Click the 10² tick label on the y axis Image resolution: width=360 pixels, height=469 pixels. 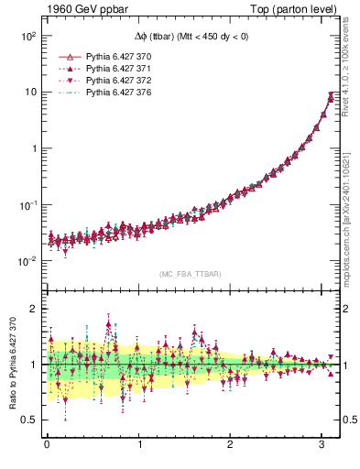(x=27, y=36)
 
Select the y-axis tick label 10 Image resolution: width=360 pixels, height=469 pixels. (x=29, y=92)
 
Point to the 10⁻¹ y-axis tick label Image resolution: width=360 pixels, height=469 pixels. (x=27, y=204)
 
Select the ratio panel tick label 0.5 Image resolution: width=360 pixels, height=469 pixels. (x=28, y=420)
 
